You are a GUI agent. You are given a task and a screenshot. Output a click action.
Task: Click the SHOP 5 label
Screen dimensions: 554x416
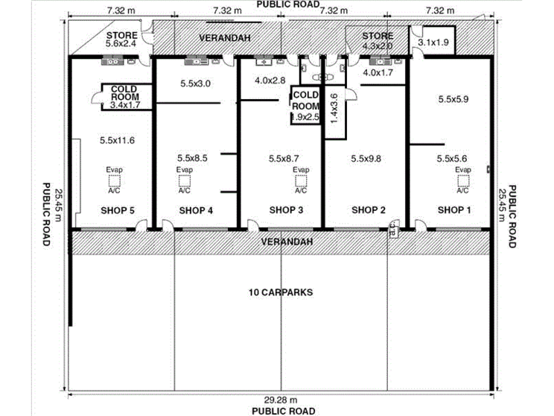pyautogui.click(x=118, y=210)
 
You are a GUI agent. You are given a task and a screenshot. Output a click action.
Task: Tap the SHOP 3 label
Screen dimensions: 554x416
pyautogui.click(x=286, y=210)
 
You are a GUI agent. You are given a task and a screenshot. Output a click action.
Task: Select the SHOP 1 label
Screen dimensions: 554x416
pyautogui.click(x=454, y=210)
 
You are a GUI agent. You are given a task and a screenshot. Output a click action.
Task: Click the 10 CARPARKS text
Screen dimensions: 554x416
pyautogui.click(x=281, y=292)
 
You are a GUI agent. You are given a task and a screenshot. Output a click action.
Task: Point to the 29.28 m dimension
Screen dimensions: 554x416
pyautogui.click(x=281, y=400)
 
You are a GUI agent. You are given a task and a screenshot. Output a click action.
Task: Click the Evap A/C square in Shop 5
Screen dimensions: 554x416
pyautogui.click(x=114, y=181)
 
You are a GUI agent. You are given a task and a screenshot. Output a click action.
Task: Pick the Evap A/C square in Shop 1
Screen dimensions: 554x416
pyautogui.click(x=463, y=181)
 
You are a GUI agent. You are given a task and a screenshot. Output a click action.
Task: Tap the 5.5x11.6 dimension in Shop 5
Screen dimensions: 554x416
pyautogui.click(x=118, y=140)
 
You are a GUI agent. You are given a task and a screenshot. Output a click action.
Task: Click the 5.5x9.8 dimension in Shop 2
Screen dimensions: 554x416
pyautogui.click(x=366, y=159)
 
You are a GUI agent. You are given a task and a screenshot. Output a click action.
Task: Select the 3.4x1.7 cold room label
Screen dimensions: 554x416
pyautogui.click(x=125, y=104)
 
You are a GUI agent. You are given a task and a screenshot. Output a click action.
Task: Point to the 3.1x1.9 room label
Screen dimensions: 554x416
pyautogui.click(x=433, y=42)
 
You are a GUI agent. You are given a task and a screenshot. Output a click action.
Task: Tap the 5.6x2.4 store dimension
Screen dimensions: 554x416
pyautogui.click(x=121, y=43)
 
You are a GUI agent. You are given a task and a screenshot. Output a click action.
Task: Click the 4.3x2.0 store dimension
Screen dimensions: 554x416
pyautogui.click(x=378, y=45)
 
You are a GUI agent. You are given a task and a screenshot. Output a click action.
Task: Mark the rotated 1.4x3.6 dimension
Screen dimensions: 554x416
pyautogui.click(x=334, y=108)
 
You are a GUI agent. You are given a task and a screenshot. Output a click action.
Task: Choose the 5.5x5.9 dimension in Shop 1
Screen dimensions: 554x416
pyautogui.click(x=453, y=99)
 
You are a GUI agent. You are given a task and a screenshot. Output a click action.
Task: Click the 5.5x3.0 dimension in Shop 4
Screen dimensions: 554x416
pyautogui.click(x=196, y=83)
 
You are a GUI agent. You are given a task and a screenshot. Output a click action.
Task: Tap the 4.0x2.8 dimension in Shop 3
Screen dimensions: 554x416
pyautogui.click(x=270, y=81)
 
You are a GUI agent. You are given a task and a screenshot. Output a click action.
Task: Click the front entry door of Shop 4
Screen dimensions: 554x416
pyautogui.click(x=168, y=226)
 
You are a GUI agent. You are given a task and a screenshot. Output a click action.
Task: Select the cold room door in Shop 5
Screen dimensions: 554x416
pyautogui.click(x=97, y=97)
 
